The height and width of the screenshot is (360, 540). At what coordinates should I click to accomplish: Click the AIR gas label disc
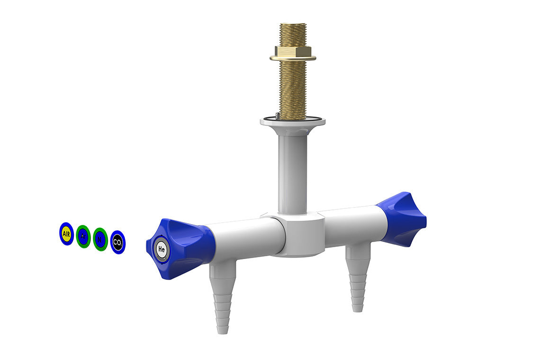[x=66, y=234]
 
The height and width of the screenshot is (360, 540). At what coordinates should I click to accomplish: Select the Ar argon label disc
[x=83, y=236]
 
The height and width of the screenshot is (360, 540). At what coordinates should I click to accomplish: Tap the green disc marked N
[x=100, y=239]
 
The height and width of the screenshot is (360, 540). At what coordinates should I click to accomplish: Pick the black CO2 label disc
[x=117, y=243]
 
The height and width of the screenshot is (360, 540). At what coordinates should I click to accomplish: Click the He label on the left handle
[x=162, y=249]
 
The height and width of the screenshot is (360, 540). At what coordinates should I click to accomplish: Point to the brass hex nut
[x=293, y=51]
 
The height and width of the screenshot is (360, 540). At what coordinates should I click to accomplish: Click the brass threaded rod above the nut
[x=293, y=33]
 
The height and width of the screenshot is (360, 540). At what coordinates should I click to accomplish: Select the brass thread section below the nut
[x=293, y=88]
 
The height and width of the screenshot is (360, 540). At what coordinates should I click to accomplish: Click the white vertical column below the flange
[x=293, y=171]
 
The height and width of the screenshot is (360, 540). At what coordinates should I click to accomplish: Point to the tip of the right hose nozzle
[x=358, y=307]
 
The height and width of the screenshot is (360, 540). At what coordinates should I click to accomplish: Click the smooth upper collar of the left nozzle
[x=223, y=270]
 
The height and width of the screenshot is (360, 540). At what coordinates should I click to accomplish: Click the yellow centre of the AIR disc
[x=66, y=234]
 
